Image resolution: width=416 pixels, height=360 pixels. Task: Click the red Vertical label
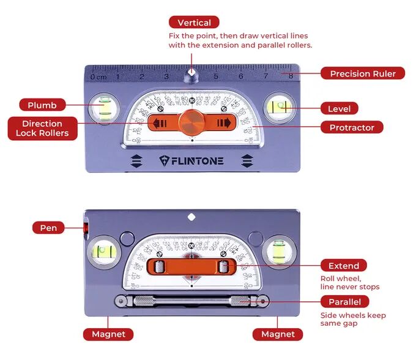coord(194,23)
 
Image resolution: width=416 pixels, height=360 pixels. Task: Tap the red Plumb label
coord(42,105)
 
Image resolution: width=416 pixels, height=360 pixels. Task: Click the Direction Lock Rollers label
coord(42,128)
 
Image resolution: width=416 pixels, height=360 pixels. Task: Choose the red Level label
coord(339,108)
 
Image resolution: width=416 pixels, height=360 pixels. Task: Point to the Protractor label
coord(352,127)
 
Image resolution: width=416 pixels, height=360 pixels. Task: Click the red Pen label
coord(48,228)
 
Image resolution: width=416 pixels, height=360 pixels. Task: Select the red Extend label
coord(344,266)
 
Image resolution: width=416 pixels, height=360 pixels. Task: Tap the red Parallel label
coord(345,301)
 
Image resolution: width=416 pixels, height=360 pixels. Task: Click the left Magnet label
coord(108,334)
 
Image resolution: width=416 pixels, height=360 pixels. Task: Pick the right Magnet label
coord(278,334)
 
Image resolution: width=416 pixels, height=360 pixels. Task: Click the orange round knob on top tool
coord(192,122)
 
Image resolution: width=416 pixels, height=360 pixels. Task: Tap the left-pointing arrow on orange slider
coord(160,123)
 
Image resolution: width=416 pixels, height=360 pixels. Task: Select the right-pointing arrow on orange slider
coord(224,123)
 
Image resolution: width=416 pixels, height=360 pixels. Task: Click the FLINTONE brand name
coord(191,161)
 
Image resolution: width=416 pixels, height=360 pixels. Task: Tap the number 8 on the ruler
coord(290,77)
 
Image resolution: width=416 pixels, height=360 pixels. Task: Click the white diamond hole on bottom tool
coord(191,216)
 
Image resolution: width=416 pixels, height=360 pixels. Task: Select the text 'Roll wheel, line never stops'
coord(349,282)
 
